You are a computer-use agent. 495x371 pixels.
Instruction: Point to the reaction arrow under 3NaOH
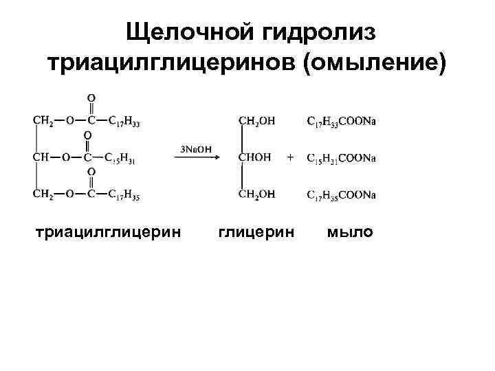click(x=196, y=158)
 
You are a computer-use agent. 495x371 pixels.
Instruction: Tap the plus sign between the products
click(x=290, y=158)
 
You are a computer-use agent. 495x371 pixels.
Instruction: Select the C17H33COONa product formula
click(x=341, y=122)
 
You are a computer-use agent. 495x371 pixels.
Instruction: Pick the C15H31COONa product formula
click(x=341, y=158)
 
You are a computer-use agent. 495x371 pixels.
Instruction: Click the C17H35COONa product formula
click(x=341, y=194)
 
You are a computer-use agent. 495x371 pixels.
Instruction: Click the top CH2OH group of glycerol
click(x=256, y=122)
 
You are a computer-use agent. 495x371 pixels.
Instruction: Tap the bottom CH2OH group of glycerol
click(x=256, y=194)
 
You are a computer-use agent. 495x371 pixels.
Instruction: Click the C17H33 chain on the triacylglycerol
click(x=127, y=122)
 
